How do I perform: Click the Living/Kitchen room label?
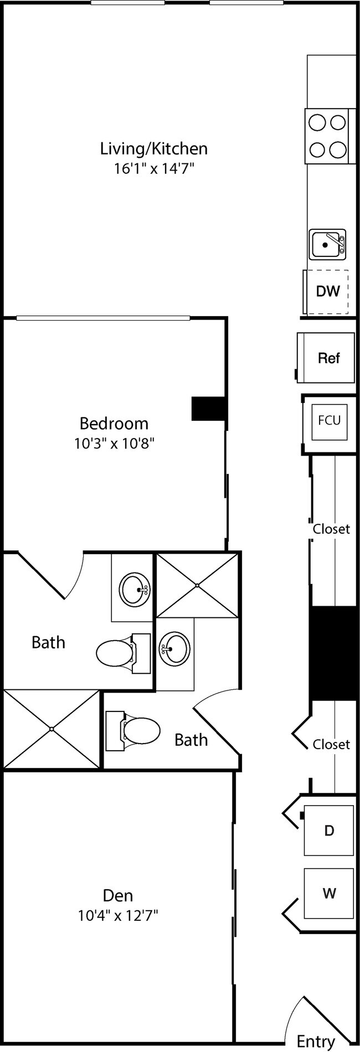153,148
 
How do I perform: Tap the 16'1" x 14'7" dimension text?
153,168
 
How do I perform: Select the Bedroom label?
114,424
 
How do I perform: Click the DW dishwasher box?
327,291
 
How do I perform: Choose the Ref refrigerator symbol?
327,358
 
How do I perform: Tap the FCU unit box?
329,420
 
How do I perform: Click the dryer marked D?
329,831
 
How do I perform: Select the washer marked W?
329,893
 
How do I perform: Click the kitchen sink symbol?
327,244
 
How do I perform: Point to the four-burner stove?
327,136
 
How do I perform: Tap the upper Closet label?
331,529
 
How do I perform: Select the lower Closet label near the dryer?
331,744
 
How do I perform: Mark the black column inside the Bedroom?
208,409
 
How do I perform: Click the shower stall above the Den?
51,729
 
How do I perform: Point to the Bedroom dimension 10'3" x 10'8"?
115,444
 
